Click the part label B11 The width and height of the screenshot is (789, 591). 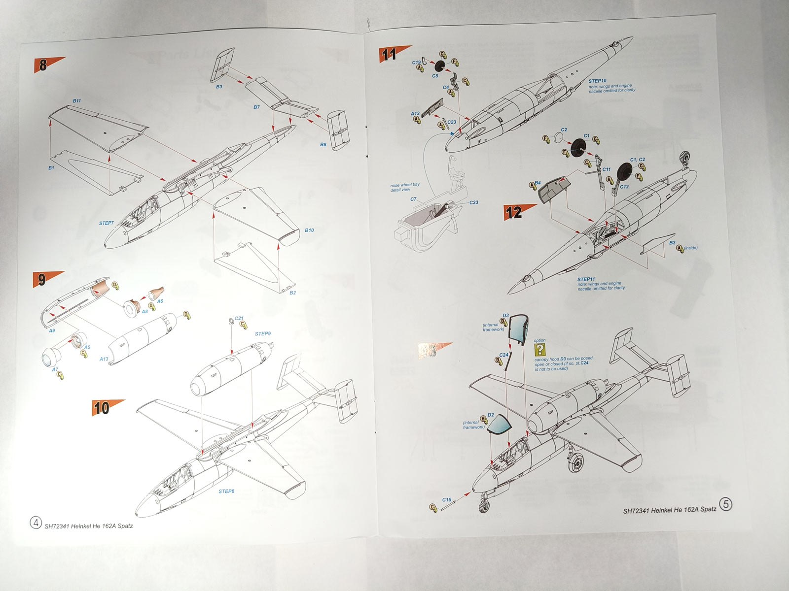(77, 101)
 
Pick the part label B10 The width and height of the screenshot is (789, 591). (309, 230)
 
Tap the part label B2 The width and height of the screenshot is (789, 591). (292, 293)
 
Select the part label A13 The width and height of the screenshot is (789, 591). (104, 359)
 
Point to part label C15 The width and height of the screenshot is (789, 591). (447, 500)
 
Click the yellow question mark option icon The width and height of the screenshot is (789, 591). (540, 350)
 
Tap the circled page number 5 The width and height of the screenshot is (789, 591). (726, 504)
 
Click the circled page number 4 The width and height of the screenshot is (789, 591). (36, 523)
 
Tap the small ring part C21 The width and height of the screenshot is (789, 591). (232, 321)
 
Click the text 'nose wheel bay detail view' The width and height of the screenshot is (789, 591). (405, 187)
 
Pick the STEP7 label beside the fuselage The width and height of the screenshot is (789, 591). (106, 223)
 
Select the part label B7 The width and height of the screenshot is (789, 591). (256, 107)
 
